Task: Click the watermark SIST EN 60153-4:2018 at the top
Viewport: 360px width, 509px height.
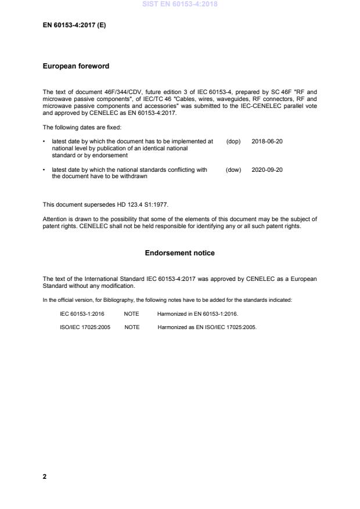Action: [179, 5]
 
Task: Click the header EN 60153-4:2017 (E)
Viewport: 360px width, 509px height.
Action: [74, 25]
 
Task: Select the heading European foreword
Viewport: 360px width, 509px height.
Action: [76, 67]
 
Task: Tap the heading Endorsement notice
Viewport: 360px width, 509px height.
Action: [179, 253]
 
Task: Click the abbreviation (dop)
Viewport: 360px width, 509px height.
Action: [233, 142]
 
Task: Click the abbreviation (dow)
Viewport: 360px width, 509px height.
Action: [233, 170]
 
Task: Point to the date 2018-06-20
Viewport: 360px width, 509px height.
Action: [267, 142]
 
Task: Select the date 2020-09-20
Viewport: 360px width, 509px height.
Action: [267, 170]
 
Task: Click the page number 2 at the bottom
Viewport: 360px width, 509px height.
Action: [45, 476]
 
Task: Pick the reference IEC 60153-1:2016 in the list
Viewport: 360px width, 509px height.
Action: [82, 313]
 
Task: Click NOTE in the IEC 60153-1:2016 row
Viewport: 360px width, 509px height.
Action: [132, 313]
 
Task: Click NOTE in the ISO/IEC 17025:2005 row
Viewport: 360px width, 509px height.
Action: [132, 327]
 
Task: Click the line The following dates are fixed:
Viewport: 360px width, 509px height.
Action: [82, 127]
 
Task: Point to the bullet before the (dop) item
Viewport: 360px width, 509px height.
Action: [45, 142]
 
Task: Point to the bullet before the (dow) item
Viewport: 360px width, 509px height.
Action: [45, 170]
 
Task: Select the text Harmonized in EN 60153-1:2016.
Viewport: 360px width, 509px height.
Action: [197, 313]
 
